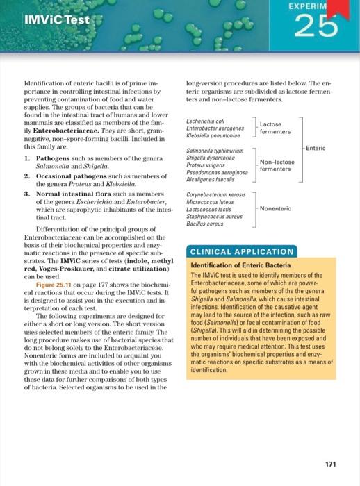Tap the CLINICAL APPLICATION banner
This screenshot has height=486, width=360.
pyautogui.click(x=240, y=251)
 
